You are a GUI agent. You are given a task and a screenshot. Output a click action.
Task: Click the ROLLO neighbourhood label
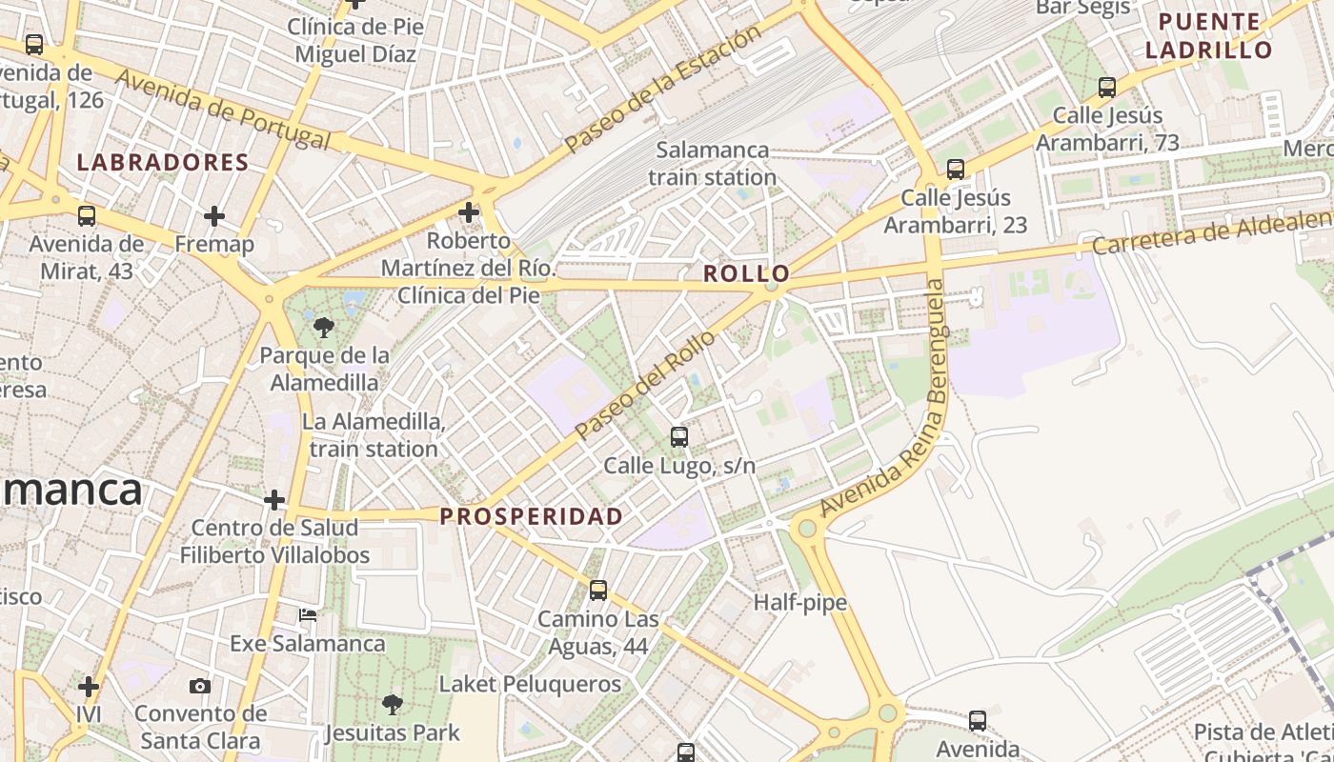[x=747, y=274]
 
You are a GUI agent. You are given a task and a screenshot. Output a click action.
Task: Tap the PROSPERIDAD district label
[x=532, y=516]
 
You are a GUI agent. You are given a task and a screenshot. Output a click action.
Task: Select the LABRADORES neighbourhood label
[x=163, y=163]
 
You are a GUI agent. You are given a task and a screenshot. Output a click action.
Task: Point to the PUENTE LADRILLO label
[x=1209, y=36]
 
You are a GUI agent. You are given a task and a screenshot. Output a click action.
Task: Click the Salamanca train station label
[x=713, y=164]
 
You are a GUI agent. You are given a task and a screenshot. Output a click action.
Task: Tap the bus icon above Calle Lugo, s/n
[x=679, y=437]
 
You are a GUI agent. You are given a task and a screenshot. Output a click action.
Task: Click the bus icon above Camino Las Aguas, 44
[x=598, y=591]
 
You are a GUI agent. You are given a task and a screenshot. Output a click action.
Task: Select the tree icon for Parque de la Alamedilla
[x=324, y=328]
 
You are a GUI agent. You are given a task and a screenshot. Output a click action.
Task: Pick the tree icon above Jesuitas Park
[x=392, y=705]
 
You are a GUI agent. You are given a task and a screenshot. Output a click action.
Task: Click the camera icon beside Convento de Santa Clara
[x=200, y=687]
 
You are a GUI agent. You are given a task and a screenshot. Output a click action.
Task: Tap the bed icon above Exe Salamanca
[x=308, y=615]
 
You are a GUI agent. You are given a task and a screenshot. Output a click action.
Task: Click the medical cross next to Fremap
[x=214, y=216]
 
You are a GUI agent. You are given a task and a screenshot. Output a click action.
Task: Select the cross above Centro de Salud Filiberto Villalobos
[x=274, y=500]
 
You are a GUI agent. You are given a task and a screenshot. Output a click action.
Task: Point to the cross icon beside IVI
[x=89, y=687]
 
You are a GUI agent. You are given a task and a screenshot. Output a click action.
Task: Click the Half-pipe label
[x=800, y=603]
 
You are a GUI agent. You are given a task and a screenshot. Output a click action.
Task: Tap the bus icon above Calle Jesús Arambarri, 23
[x=956, y=170]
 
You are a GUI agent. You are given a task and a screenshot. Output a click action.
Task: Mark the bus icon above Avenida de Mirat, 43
[x=87, y=216]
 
